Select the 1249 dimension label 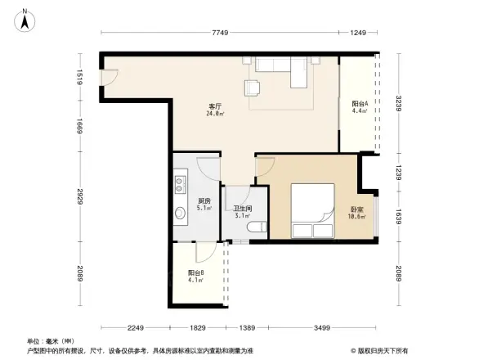coord(359,32)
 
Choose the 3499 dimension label coord(321,327)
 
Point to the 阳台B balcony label coord(195,275)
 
